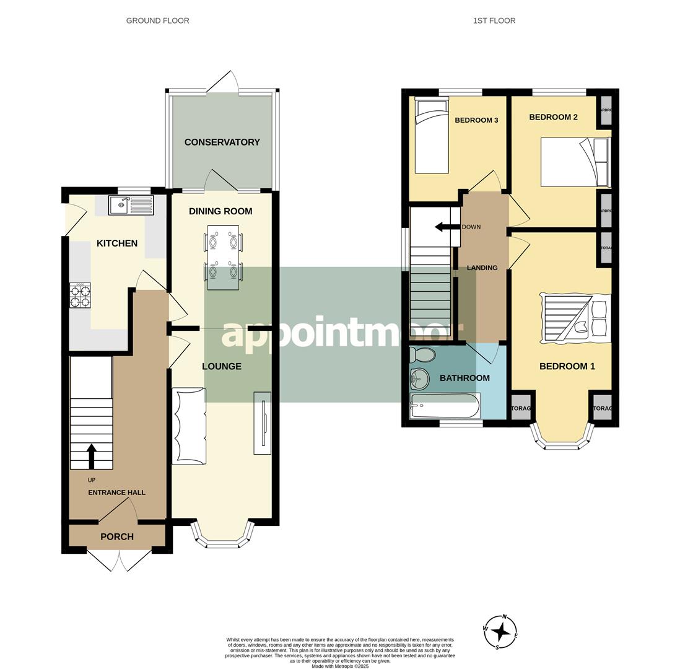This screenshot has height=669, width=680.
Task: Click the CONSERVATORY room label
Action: coord(222,142)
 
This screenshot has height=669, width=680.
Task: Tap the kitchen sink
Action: coord(131,205)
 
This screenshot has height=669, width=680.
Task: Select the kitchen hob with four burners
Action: coord(80,295)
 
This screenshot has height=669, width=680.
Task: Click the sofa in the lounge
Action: coord(189,426)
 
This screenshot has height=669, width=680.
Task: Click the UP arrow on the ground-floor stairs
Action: coord(92,456)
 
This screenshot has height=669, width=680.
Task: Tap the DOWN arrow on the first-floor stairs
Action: coord(443,227)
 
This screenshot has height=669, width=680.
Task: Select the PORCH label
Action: coord(117,536)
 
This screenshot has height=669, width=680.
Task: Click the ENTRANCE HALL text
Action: coord(116,492)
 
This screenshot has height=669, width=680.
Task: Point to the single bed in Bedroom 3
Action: coord(432,136)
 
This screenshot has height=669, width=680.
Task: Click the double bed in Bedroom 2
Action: coord(575,162)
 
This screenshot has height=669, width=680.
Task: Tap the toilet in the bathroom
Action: coord(422,355)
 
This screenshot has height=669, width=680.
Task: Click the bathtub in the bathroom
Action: coord(445,406)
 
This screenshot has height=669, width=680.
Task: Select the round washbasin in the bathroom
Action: coord(420,377)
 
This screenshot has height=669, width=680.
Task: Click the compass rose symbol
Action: coord(500,632)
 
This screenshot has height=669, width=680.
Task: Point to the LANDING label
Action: coord(482,268)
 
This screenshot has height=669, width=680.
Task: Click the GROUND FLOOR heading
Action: coord(157,20)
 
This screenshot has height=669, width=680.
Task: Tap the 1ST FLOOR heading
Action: coord(494,20)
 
